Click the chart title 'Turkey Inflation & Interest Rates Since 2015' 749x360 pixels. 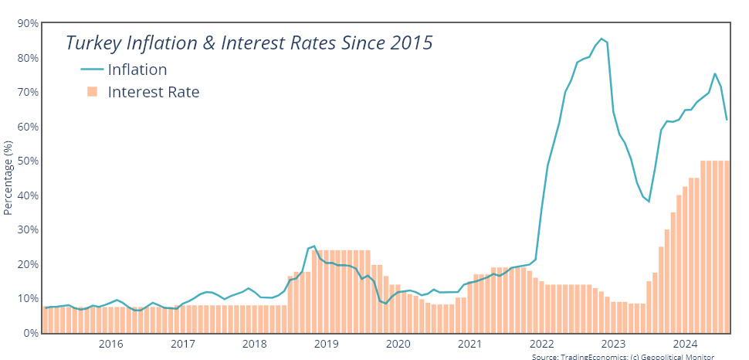point(249,42)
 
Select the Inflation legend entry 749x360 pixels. point(137,70)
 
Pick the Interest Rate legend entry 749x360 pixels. point(154,93)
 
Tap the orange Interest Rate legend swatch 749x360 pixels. point(92,93)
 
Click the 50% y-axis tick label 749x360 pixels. point(29,161)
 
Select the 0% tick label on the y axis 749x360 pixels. point(31,333)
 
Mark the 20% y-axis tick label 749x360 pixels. point(29,264)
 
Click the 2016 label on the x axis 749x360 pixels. point(111,344)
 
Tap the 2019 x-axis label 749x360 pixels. point(327,344)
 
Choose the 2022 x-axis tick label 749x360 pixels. point(542,344)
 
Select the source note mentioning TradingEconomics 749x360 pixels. point(623,356)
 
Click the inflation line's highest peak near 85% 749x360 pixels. point(602,39)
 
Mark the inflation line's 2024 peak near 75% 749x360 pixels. point(715,73)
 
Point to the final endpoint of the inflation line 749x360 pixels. point(727,120)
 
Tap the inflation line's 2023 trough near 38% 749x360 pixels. point(649,202)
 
